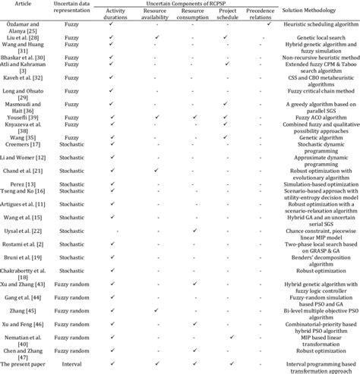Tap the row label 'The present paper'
pyautogui.click(x=29, y=365)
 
